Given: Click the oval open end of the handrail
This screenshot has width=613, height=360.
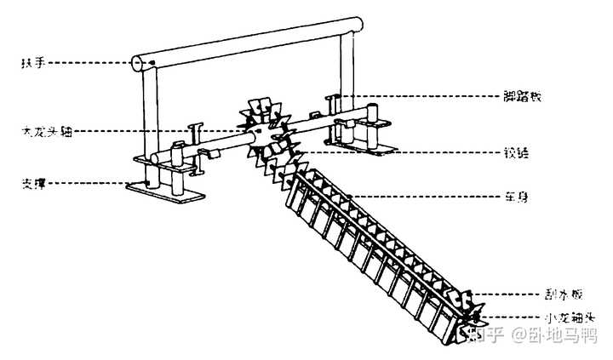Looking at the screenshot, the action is [138, 61].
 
